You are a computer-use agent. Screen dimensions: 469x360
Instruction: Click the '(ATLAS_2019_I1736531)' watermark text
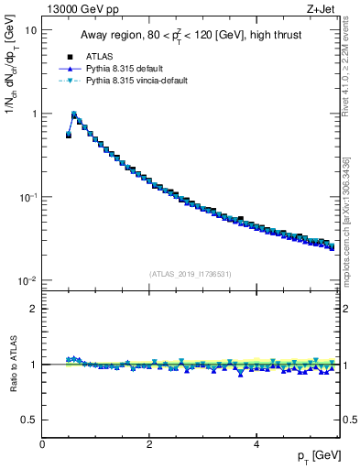pyautogui.click(x=191, y=273)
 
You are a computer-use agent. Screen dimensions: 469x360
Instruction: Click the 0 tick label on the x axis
pyautogui.click(x=42, y=444)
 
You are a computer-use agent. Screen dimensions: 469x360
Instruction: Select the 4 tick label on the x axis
pyautogui.click(x=256, y=444)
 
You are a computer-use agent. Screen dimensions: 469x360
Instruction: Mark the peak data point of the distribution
pyautogui.click(x=74, y=115)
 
